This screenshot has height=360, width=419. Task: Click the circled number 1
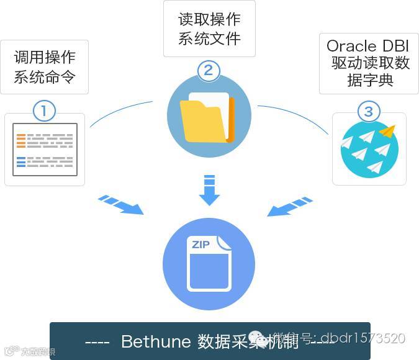click(x=44, y=111)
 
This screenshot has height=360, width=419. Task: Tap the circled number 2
click(x=209, y=70)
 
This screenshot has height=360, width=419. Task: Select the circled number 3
click(x=369, y=111)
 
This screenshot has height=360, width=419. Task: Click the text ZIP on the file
click(x=200, y=245)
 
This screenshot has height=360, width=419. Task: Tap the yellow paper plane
click(x=387, y=132)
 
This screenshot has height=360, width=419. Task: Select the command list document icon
click(x=45, y=150)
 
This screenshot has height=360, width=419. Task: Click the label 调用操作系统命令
click(x=44, y=68)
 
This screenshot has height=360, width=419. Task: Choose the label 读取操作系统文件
click(x=209, y=29)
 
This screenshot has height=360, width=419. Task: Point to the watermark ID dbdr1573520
click(x=364, y=338)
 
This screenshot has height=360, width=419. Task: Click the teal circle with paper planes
click(x=369, y=148)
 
